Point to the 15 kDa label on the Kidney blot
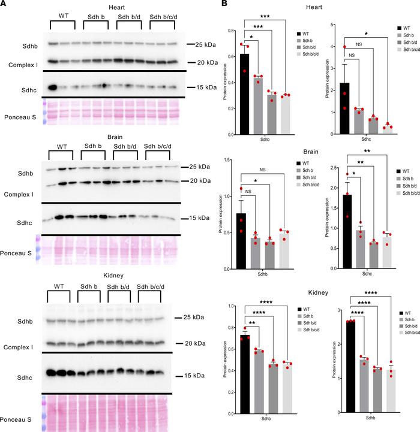(x=190, y=376)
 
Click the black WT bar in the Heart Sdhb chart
(x=244, y=92)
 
